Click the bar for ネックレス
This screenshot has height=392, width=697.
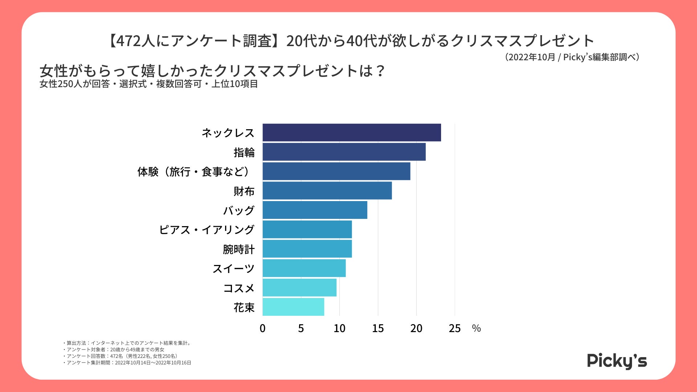(x=351, y=132)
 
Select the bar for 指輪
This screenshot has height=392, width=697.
(x=344, y=152)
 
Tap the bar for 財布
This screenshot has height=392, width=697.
(x=327, y=191)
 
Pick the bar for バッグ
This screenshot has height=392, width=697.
(x=314, y=210)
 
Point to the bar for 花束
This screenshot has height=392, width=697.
(x=293, y=307)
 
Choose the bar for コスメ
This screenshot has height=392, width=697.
(x=299, y=287)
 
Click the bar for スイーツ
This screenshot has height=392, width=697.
(x=304, y=268)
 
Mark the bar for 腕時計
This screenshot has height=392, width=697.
(x=307, y=249)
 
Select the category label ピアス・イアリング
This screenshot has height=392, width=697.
(x=207, y=230)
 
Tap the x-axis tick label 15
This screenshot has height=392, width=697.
(x=378, y=328)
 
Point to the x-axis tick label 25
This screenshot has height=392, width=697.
(x=455, y=328)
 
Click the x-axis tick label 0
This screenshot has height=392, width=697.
(x=262, y=328)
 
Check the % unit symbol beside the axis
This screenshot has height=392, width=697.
(x=476, y=328)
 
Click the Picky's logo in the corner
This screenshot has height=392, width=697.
(x=617, y=361)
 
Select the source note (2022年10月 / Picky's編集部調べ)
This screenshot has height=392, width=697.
(x=572, y=57)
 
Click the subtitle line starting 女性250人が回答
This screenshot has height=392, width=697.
(x=148, y=84)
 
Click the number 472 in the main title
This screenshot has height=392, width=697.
(x=129, y=41)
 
